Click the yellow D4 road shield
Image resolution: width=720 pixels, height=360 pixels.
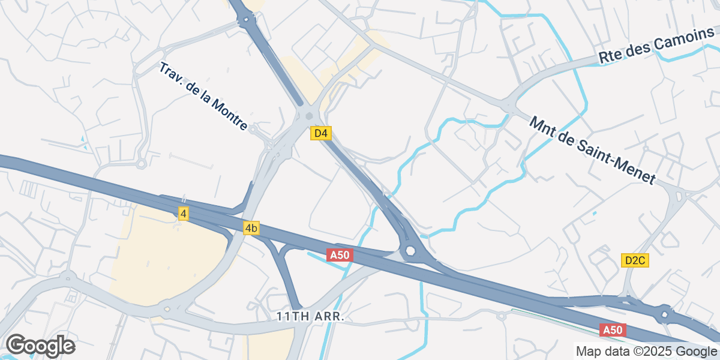(x=321, y=133)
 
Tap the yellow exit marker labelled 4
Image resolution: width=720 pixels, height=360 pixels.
(x=184, y=213)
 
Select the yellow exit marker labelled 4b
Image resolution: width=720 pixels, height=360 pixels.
(x=251, y=228)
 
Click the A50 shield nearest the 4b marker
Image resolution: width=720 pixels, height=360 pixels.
(x=340, y=255)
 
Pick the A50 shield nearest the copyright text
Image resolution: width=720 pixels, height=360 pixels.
(x=613, y=330)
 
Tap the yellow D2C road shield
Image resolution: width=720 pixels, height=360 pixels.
(x=635, y=260)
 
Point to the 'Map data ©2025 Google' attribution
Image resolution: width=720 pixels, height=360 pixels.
(x=646, y=351)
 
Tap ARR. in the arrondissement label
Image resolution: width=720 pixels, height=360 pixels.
(x=329, y=316)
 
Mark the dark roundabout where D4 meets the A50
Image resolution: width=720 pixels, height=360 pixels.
(x=410, y=251)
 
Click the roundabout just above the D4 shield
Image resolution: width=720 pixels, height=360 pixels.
(x=308, y=116)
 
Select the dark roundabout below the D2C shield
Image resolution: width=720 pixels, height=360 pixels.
(x=664, y=314)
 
